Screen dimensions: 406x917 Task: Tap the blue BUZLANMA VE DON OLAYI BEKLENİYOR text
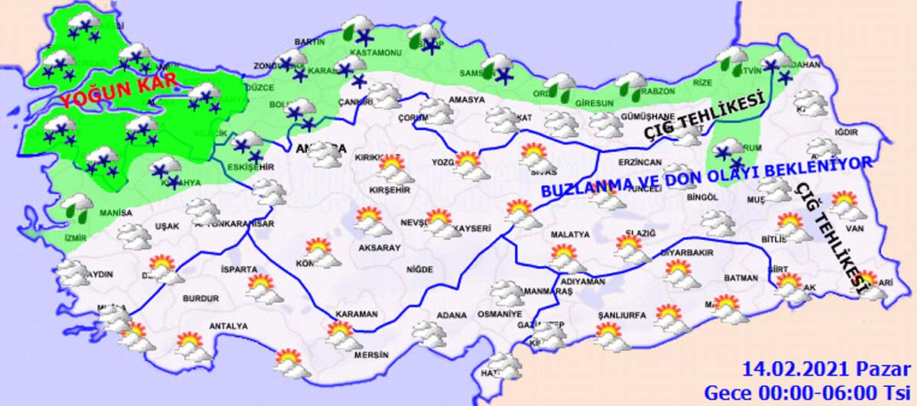pyautogui.click(x=706, y=176)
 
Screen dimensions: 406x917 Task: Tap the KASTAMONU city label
pyautogui.click(x=375, y=53)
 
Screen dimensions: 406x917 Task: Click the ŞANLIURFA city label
pyautogui.click(x=621, y=315)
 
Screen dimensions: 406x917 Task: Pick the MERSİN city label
pyautogui.click(x=371, y=355)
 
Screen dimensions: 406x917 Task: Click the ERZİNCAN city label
pyautogui.click(x=639, y=163)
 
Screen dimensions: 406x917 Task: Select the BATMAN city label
pyautogui.click(x=740, y=278)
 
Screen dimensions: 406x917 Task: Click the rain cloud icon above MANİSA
pyautogui.click(x=76, y=205)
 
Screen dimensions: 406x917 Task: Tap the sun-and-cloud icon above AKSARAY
pyautogui.click(x=371, y=222)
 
